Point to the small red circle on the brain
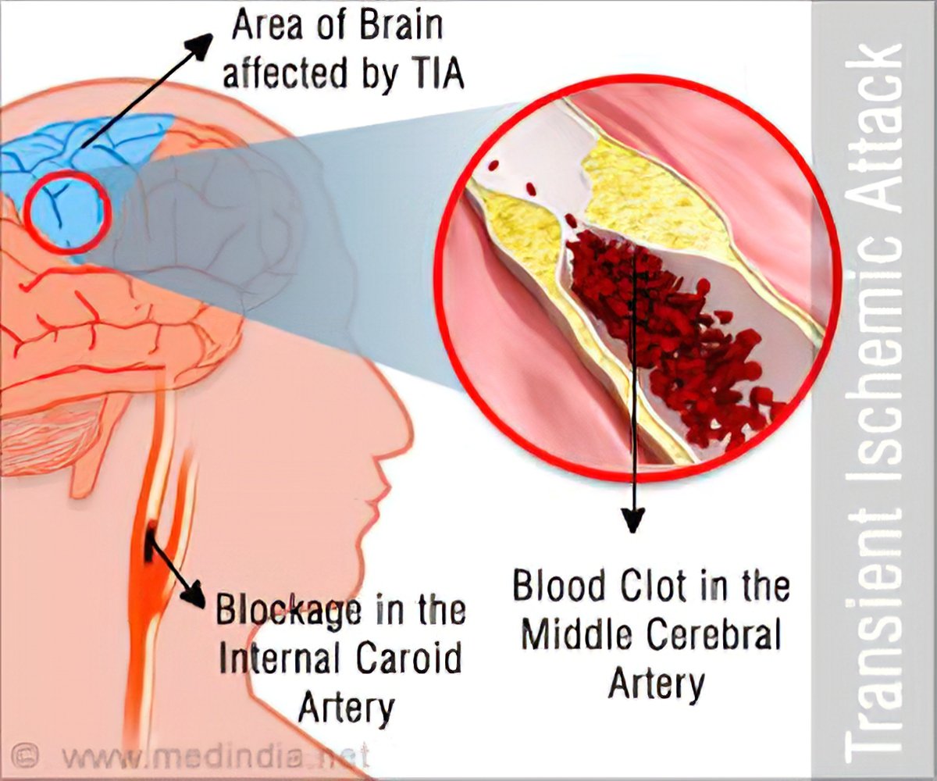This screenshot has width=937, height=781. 67,206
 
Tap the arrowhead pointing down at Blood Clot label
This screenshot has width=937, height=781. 633,520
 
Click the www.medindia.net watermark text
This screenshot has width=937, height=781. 211,757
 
